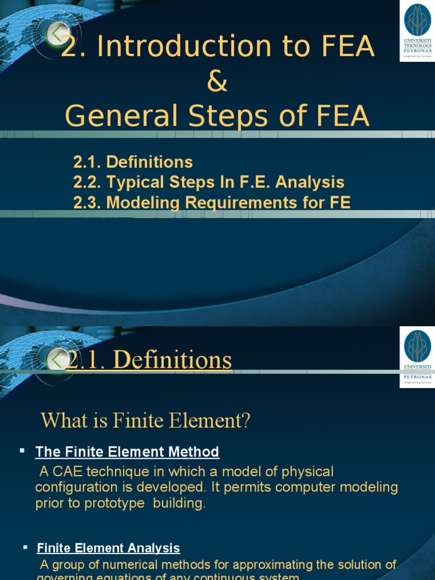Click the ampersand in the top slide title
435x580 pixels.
(x=217, y=82)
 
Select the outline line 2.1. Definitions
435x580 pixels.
(x=133, y=162)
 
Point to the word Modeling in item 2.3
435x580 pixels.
(x=142, y=202)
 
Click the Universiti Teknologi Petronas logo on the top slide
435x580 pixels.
(x=417, y=31)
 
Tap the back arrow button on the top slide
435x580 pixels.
(x=58, y=35)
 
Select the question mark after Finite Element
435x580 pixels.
(x=245, y=421)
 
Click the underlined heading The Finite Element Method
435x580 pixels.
(x=127, y=451)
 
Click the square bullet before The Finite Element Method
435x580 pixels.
(x=22, y=450)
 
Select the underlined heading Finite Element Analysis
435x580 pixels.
(x=108, y=548)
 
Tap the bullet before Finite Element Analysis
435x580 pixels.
(x=25, y=547)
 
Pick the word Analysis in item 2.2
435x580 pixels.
(x=313, y=182)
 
